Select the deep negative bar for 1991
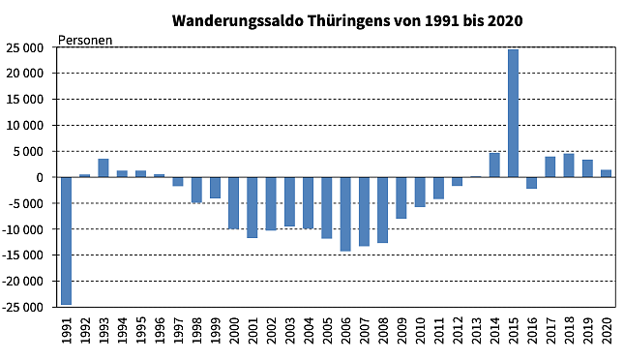[67, 240]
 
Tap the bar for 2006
[345, 214]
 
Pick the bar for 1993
[104, 167]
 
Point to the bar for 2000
[234, 202]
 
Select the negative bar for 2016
[531, 183]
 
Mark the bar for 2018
[569, 165]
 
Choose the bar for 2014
[494, 165]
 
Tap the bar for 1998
[196, 190]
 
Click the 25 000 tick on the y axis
[29, 47]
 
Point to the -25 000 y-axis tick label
[26, 307]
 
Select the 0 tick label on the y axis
[42, 177]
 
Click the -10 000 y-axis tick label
[26, 229]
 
